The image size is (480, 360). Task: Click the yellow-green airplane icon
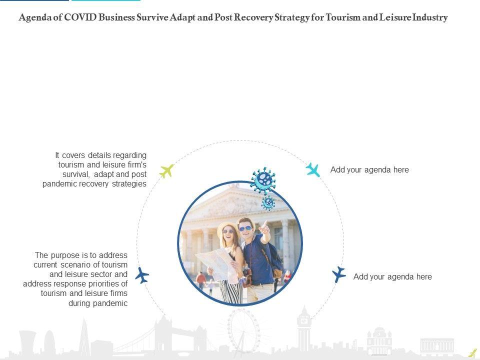(x=166, y=171)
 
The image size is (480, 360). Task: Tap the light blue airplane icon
(x=313, y=169)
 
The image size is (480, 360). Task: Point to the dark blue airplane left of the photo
(x=142, y=275)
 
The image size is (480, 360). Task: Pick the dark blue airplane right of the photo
(x=339, y=274)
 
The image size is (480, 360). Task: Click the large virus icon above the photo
(x=263, y=180)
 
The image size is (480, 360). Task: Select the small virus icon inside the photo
(x=269, y=202)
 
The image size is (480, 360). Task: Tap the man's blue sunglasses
(x=245, y=229)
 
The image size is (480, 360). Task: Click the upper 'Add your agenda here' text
(x=369, y=170)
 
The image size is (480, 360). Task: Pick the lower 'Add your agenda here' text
(x=392, y=276)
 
